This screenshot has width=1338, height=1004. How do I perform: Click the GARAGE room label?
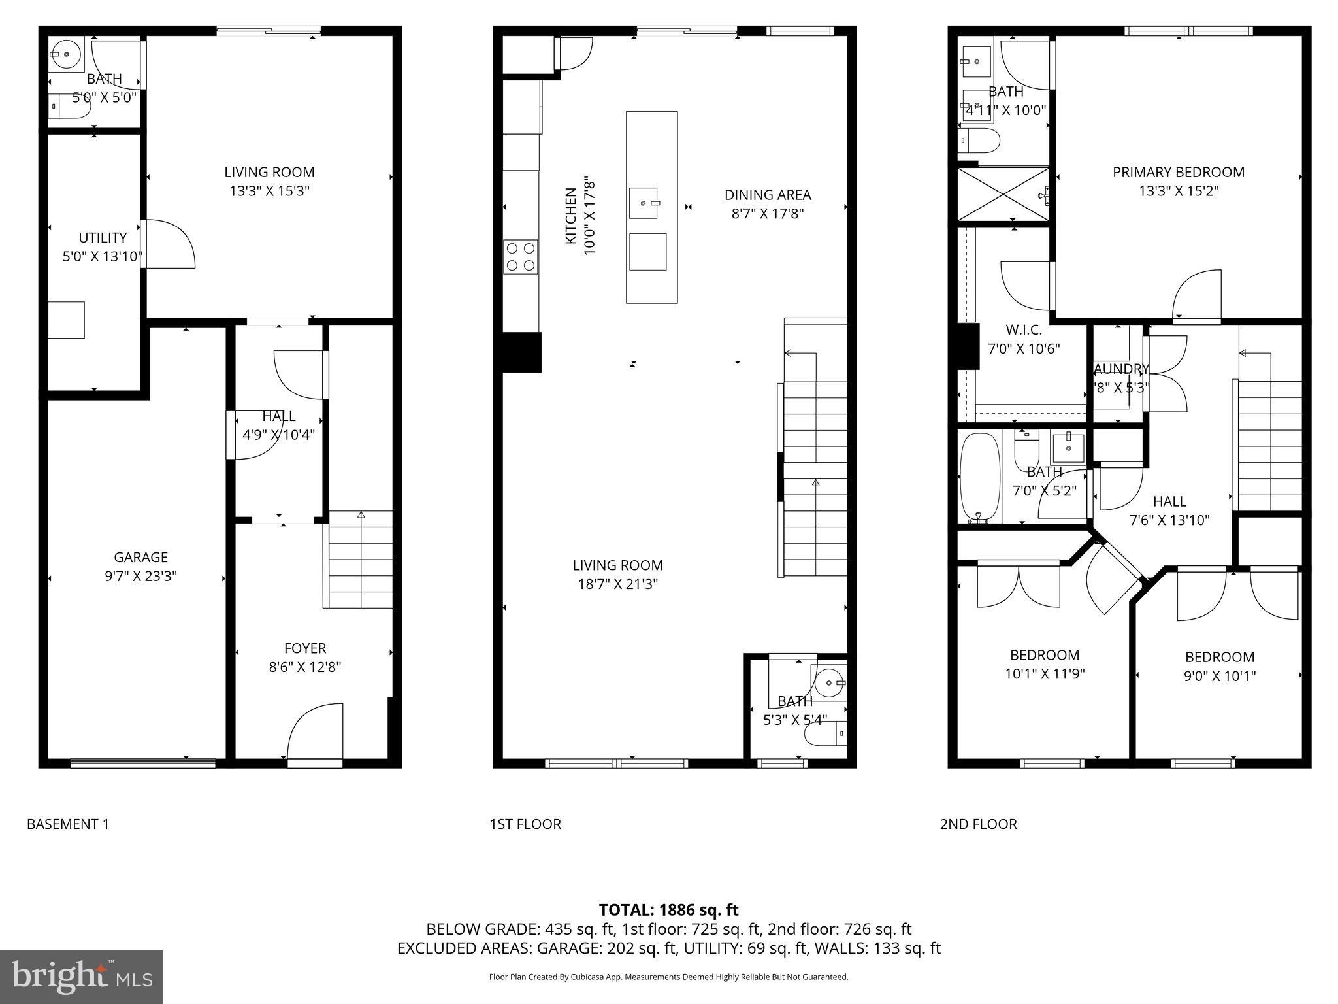point(140,557)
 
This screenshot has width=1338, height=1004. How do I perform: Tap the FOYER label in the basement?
point(304,648)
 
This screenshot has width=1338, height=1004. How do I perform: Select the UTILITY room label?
point(103,237)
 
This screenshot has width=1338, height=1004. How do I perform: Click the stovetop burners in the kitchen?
point(520,257)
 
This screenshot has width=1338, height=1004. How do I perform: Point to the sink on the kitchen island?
point(644,203)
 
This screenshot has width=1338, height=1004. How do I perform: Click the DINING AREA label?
point(767,195)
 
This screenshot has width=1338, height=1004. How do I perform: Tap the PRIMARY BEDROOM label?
point(1178,172)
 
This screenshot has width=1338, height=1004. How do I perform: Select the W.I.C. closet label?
point(1023,331)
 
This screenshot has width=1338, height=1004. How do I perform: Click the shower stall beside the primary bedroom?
point(1003,194)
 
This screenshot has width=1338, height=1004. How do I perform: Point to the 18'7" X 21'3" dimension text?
point(617,584)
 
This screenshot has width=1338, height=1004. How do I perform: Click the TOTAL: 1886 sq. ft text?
point(668,909)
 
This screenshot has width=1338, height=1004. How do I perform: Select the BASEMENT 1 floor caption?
point(68,824)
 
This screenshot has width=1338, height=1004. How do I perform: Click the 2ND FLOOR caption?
point(978,824)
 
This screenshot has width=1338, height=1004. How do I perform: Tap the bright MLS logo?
point(82,977)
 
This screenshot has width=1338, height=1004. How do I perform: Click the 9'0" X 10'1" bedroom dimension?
point(1219,676)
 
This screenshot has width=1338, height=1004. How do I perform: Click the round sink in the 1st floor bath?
point(829,683)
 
